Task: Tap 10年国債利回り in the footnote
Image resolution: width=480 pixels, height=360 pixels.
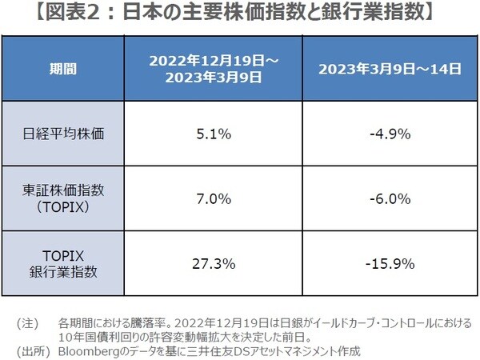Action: pyautogui.click(x=98, y=337)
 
